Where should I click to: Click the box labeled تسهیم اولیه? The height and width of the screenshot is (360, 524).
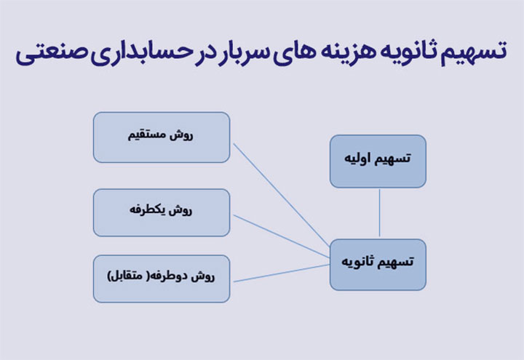point(378,161)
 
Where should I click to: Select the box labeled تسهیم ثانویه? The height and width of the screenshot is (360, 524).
point(378,265)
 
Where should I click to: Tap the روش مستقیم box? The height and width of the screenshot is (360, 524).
point(162,137)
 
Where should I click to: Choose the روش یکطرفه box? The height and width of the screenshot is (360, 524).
point(162,212)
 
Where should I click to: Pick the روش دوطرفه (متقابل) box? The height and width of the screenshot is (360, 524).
point(162,279)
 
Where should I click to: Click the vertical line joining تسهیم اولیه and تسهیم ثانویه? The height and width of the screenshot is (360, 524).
point(379,213)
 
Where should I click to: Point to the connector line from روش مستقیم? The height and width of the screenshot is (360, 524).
point(282,194)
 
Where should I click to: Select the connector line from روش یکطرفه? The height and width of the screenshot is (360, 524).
point(282,236)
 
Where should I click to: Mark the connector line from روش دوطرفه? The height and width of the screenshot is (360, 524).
point(282,273)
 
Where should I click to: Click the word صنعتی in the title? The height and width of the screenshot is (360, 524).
point(52,53)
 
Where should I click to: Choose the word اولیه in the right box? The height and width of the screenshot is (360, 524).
point(356,158)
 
